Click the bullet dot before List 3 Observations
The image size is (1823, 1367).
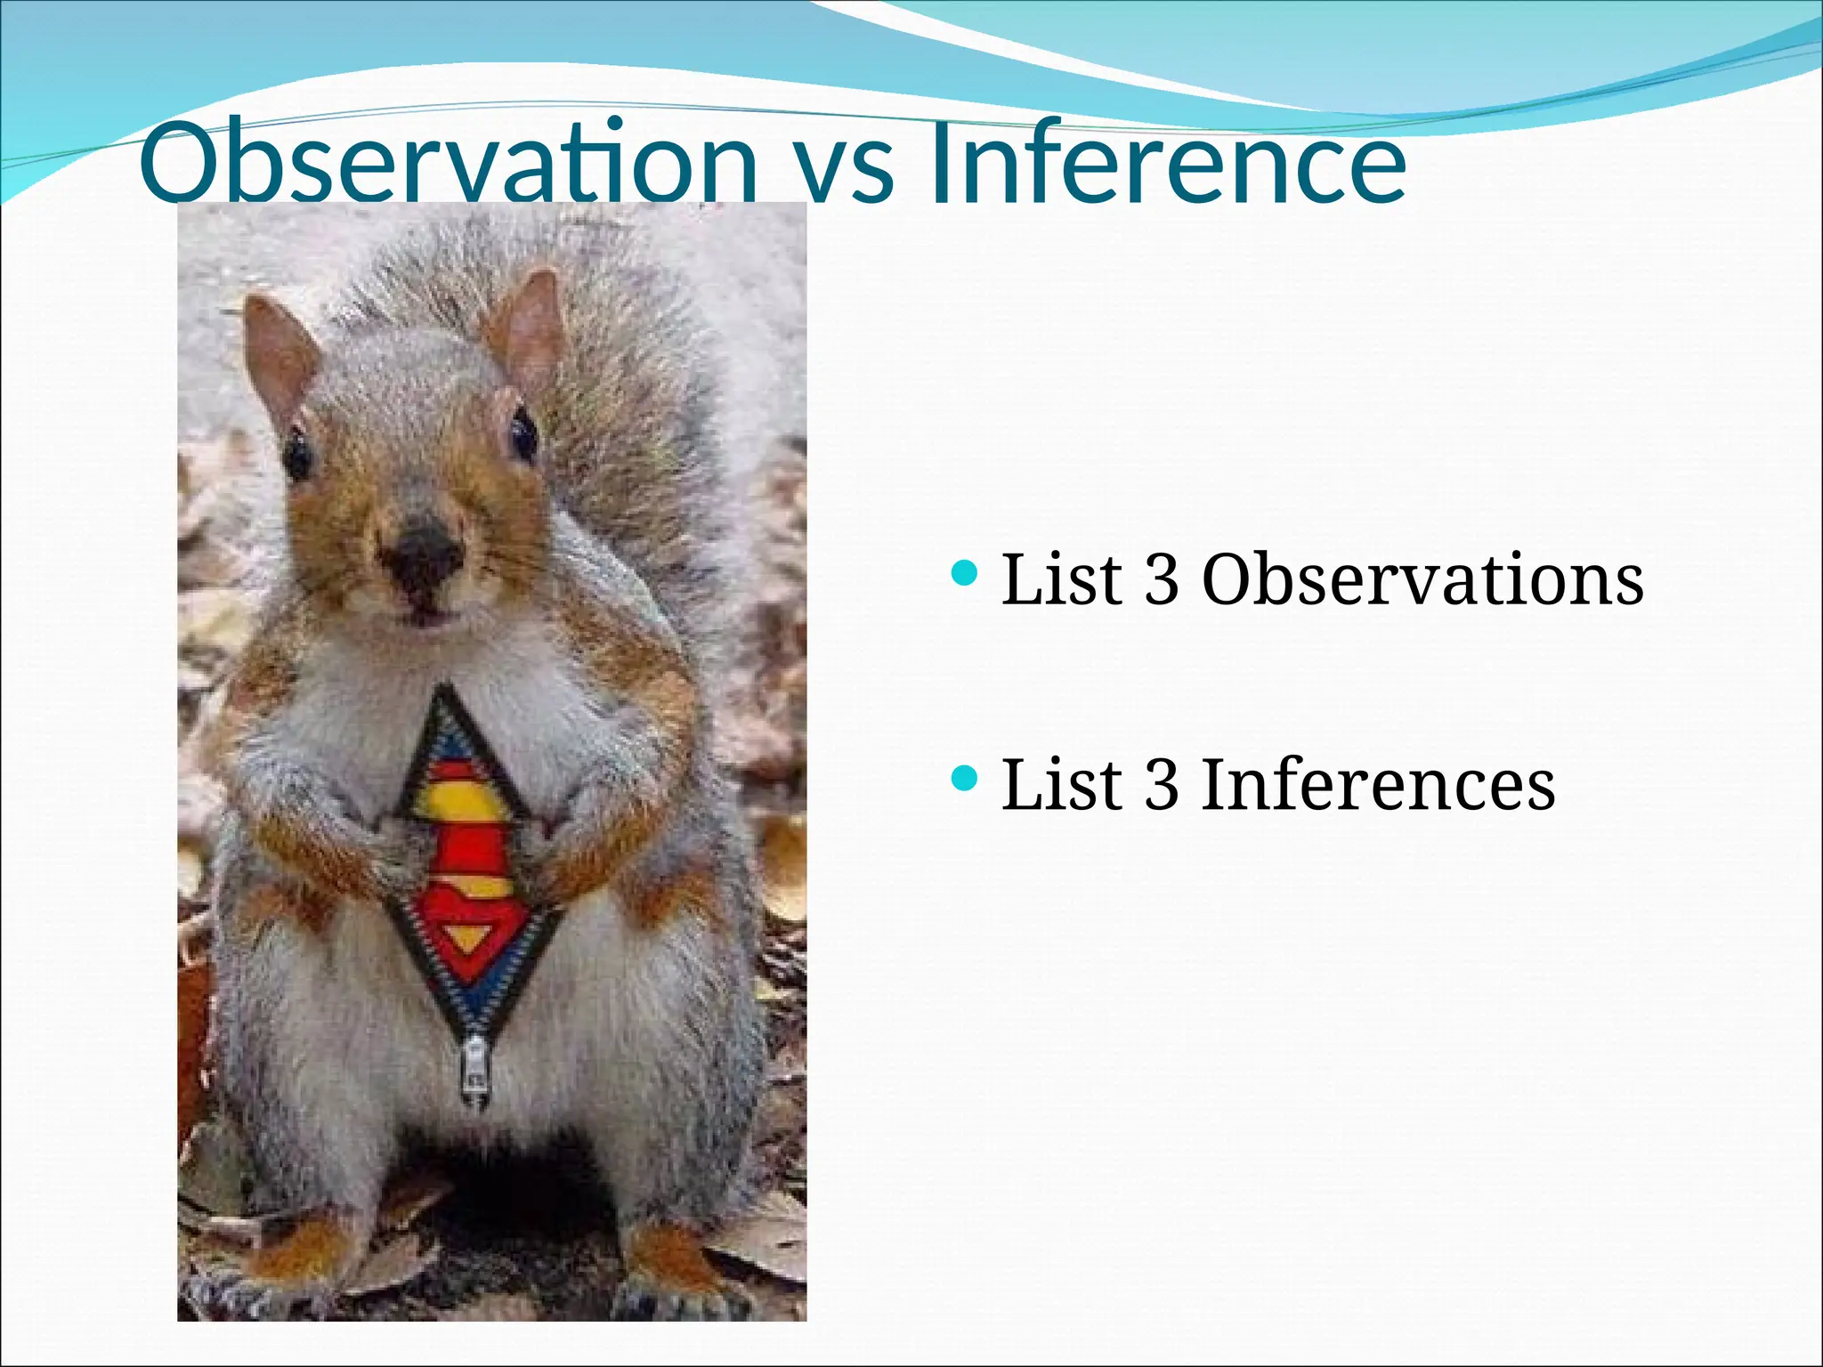pyautogui.click(x=964, y=572)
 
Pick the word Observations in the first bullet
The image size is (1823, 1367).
pyautogui.click(x=1422, y=580)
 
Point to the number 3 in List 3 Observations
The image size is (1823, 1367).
pyautogui.click(x=1161, y=580)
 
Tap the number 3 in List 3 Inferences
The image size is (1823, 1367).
pyautogui.click(x=1161, y=785)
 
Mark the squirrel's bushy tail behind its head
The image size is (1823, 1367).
pyautogui.click(x=623, y=374)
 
